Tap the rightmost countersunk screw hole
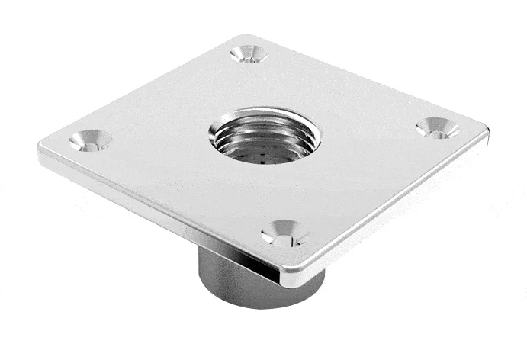438,127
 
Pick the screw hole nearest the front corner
284,233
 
